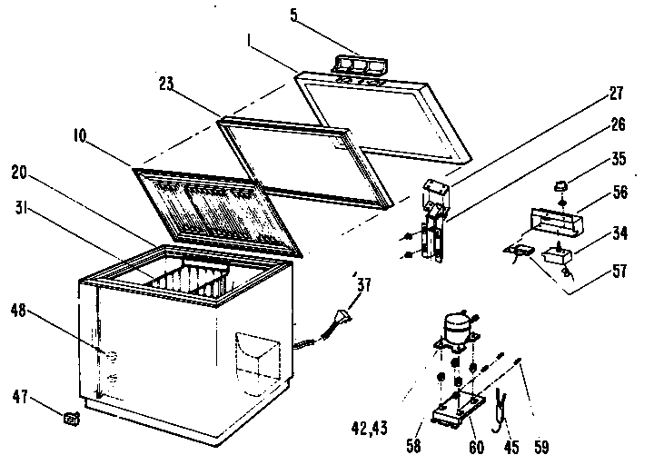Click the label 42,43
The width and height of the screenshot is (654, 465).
[x=372, y=424]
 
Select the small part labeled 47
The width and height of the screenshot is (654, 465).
[x=70, y=418]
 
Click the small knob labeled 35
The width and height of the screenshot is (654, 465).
[x=560, y=186]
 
